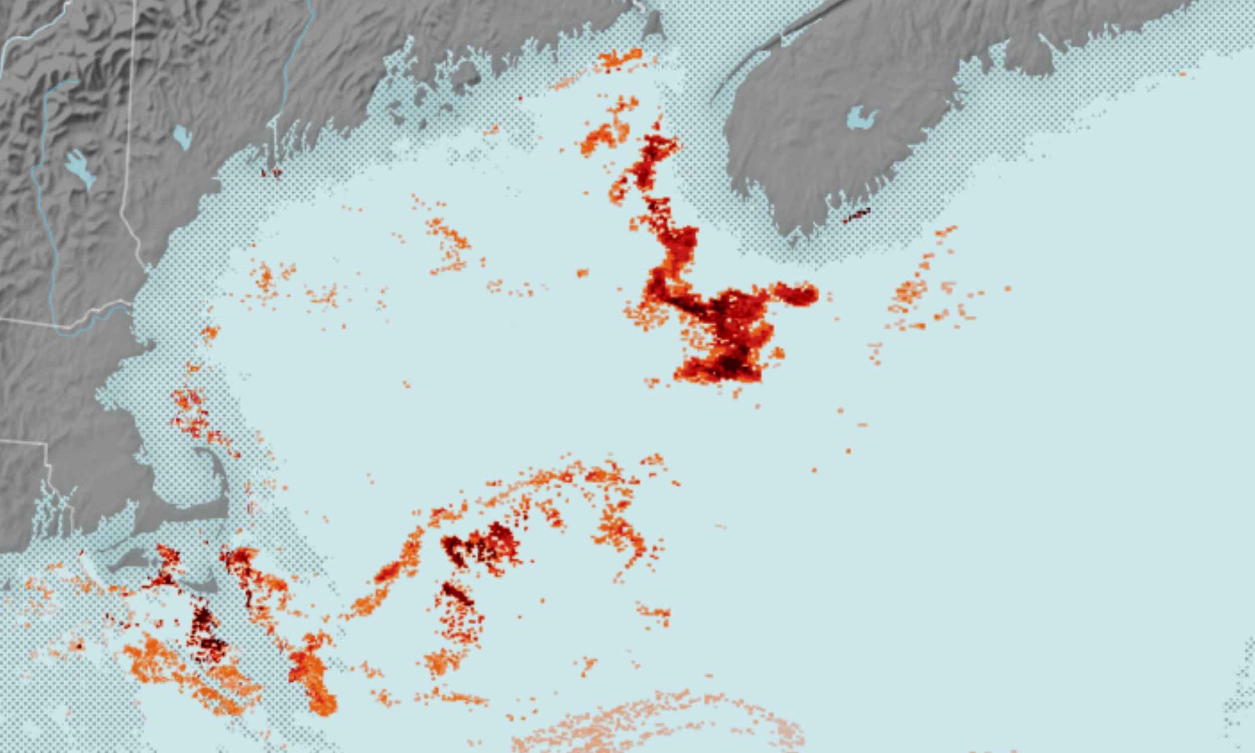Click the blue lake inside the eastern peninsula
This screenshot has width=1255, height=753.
pos(861,118)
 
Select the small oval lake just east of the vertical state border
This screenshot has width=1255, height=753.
pos(182,136)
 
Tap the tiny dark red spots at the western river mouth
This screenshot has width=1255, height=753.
pos(271,173)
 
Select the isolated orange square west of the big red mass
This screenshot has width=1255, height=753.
pos(582,273)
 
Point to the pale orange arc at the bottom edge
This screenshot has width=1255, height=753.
pos(660,720)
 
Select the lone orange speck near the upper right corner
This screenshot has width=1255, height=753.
pos(1182,74)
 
